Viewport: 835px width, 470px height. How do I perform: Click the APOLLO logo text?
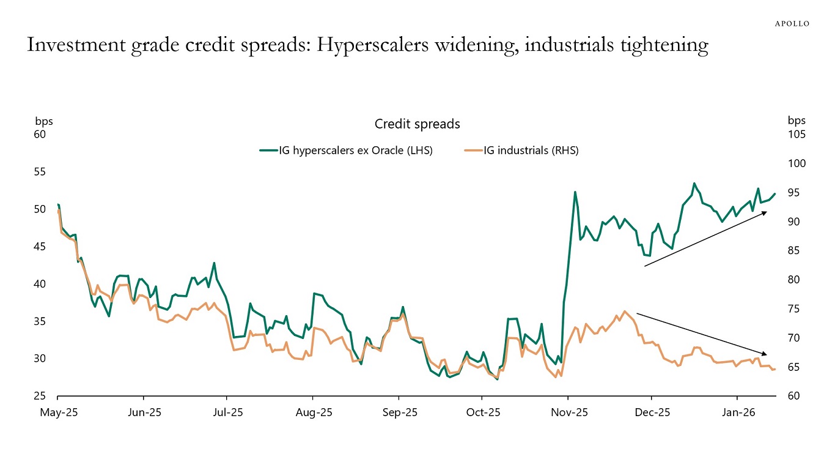792,24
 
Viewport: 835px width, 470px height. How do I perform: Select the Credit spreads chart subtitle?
417,124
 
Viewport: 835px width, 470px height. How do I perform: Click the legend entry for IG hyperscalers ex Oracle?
346,151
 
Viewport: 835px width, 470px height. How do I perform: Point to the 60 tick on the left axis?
40,134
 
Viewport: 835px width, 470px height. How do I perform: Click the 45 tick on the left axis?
40,247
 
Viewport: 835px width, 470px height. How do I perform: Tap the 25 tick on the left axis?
40,396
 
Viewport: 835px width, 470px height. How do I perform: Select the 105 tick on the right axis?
796,135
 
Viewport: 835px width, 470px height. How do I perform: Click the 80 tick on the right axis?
794,280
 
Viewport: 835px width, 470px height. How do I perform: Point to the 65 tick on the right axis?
794,367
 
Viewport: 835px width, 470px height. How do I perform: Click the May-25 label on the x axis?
59,413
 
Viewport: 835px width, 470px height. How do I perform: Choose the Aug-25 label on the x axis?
314,413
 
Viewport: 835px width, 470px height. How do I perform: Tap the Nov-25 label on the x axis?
568,413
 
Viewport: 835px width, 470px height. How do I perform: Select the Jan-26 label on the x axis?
738,413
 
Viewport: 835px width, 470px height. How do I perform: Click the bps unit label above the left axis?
43,121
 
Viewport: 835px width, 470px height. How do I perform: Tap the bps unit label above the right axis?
796,121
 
